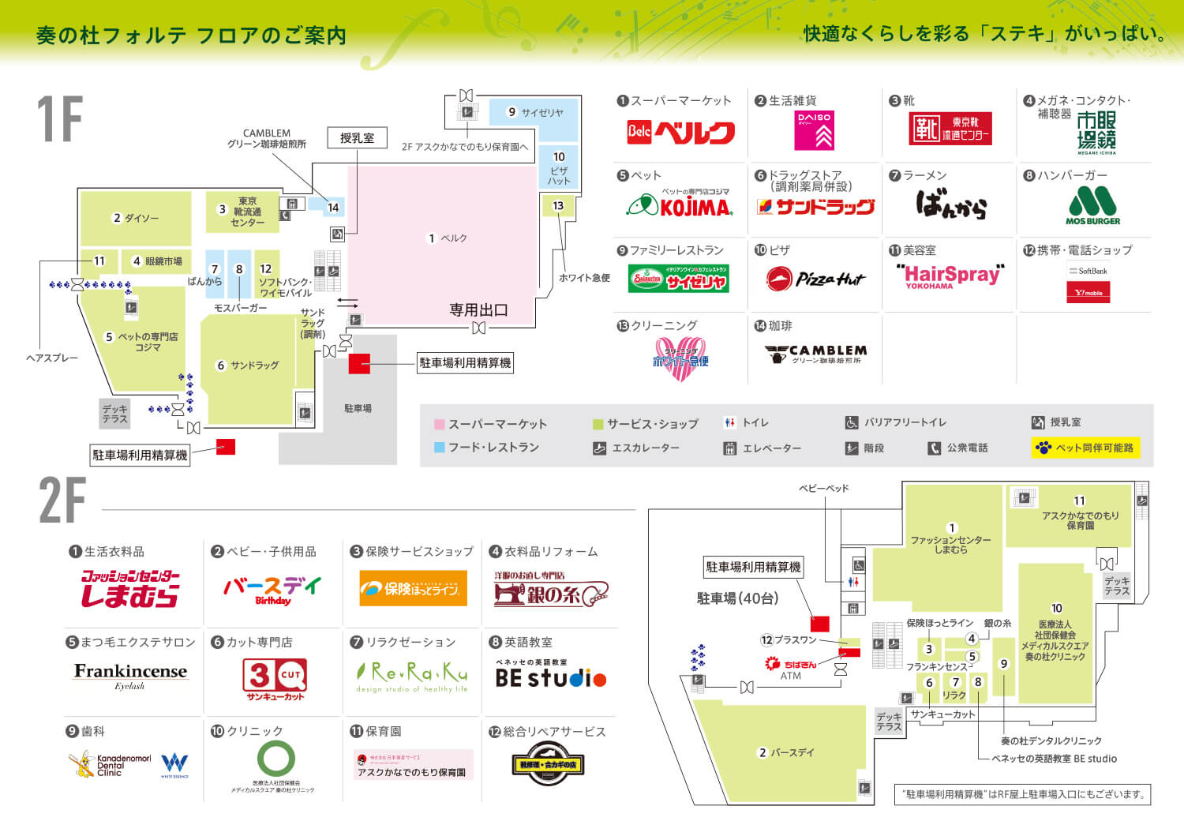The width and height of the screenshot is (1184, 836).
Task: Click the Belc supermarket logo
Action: (x=680, y=132)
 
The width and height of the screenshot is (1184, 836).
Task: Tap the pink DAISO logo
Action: (x=814, y=130)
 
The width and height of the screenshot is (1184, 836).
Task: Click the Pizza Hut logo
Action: (x=815, y=279)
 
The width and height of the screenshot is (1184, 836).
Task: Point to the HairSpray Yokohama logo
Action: (x=950, y=276)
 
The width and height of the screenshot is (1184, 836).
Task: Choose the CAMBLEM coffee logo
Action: (x=815, y=354)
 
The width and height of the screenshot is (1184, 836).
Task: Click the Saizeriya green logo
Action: (x=678, y=279)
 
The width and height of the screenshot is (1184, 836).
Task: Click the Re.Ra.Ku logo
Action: (x=412, y=677)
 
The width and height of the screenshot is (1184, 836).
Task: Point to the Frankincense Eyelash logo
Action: (x=130, y=674)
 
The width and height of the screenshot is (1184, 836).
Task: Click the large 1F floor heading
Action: (x=60, y=119)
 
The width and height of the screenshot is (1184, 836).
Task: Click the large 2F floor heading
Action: (x=62, y=500)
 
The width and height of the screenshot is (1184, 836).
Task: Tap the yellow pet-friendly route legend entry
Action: (x=1085, y=448)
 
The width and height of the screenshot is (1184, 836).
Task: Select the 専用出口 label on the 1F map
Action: (x=478, y=310)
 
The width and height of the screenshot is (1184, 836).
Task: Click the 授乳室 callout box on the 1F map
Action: (x=357, y=138)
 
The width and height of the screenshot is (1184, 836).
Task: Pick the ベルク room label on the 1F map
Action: (x=448, y=238)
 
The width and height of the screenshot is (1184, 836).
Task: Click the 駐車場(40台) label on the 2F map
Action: (x=737, y=598)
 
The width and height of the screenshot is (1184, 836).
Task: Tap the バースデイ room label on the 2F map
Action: (x=786, y=752)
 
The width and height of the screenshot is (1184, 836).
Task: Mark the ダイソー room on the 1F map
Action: (x=136, y=218)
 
